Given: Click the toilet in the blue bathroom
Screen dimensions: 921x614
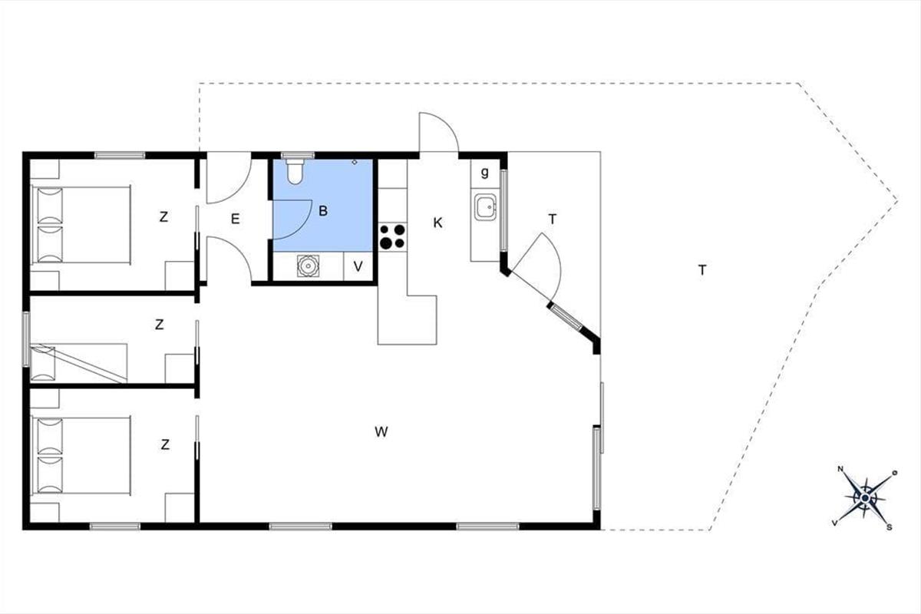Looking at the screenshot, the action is [295, 171].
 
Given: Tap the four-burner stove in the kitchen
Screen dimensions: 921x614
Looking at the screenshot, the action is [392, 236].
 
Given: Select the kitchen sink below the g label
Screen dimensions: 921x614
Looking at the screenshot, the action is [485, 207].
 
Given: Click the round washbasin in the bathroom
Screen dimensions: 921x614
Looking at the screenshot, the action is [308, 266].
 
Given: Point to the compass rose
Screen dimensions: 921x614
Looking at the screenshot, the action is [865, 498].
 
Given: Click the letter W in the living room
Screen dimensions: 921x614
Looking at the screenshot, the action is [381, 432].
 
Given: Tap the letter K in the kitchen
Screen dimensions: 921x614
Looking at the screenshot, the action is [438, 223].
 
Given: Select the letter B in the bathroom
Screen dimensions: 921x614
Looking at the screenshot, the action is [323, 211].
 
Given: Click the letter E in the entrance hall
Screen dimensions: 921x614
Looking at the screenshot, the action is [235, 219].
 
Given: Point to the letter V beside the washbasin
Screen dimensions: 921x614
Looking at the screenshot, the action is [358, 266].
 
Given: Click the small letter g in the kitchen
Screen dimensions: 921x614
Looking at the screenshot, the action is [485, 173].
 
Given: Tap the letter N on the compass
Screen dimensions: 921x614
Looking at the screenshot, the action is [840, 469].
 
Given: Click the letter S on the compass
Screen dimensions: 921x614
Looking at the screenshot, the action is [889, 527].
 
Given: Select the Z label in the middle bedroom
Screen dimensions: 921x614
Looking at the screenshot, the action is [159, 325].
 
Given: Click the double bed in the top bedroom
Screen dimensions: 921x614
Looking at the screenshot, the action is [81, 225].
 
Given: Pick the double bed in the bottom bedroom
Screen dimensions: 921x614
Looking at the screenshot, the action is [81, 456].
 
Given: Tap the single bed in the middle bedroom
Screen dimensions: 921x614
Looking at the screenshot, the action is [79, 363].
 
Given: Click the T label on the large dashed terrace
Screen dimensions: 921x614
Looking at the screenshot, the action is [703, 270].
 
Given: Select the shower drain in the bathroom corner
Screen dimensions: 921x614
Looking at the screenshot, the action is [355, 163].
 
